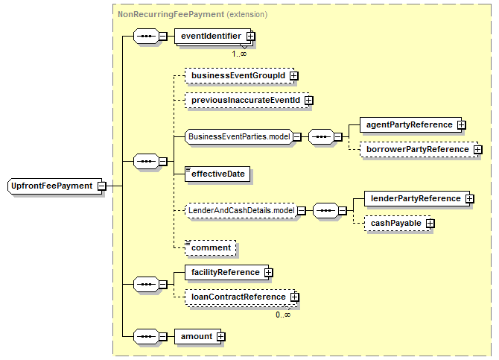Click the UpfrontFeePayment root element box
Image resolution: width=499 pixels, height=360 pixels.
54,186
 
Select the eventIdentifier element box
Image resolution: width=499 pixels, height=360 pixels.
212,37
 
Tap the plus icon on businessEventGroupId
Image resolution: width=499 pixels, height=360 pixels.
294,76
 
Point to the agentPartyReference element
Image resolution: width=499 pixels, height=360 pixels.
410,125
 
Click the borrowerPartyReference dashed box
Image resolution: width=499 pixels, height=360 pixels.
419,149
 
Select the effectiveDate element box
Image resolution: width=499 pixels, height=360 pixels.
217,174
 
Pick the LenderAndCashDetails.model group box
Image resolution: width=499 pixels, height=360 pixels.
241,211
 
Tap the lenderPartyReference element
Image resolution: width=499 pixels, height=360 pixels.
417,199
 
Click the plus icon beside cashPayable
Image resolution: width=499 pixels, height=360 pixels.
430,224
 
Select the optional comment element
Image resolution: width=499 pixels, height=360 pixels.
210,248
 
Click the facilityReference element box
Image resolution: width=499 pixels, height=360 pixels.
226,272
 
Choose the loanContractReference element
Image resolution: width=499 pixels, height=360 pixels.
241,297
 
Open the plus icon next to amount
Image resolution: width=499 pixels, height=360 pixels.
220,337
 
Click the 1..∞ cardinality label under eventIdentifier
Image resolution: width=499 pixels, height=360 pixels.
239,54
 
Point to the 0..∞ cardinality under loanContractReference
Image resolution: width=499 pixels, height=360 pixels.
283,315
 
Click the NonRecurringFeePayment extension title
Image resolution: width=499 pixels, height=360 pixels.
193,14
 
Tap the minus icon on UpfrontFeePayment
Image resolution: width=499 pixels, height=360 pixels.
102,186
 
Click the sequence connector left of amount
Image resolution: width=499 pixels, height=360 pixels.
146,337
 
